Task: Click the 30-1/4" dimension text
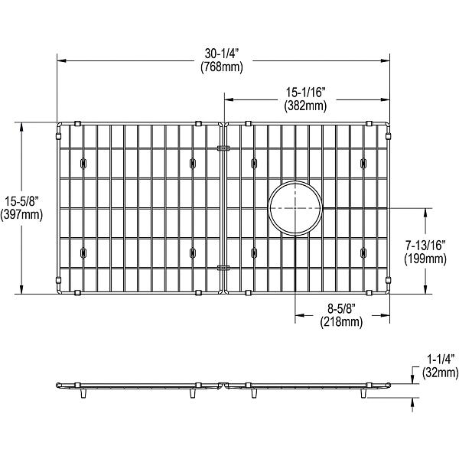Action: pos(222,53)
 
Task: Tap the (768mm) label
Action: pos(222,67)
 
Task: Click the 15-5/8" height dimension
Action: pos(21,200)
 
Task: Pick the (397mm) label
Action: pos(21,214)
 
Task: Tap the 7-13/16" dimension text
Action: pos(425,246)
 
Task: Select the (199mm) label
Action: pos(425,259)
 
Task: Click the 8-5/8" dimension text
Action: pos(340,309)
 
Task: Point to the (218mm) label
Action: pos(340,322)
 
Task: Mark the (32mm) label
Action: pos(441,373)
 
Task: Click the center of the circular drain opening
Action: pos(295,208)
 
